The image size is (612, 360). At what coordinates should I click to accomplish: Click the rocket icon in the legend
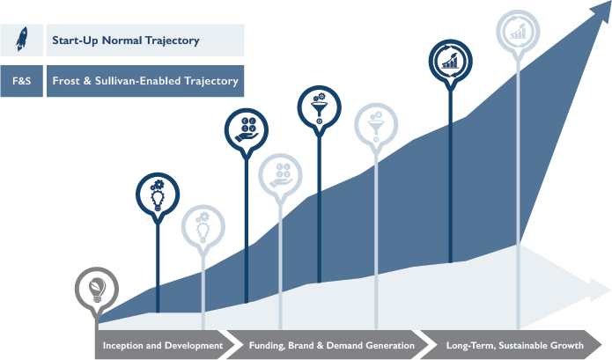pyautogui.click(x=22, y=39)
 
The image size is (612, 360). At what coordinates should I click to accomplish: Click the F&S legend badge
pyautogui.click(x=21, y=81)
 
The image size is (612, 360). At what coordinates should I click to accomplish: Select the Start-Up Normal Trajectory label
pyautogui.click(x=126, y=40)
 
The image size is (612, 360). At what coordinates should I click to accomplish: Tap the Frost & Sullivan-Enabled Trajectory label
pyautogui.click(x=145, y=81)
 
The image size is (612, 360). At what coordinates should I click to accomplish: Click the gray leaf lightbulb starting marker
pyautogui.click(x=97, y=289)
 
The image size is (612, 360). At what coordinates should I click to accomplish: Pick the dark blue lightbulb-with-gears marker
pyautogui.click(x=158, y=195)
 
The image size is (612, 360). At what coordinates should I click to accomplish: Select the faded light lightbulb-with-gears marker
pyautogui.click(x=203, y=227)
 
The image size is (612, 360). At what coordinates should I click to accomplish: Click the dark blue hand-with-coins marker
pyautogui.click(x=247, y=130)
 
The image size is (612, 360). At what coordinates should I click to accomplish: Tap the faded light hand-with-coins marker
pyautogui.click(x=280, y=175)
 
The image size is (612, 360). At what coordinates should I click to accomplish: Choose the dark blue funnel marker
pyautogui.click(x=320, y=107)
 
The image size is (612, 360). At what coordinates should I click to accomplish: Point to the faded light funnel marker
pyautogui.click(x=376, y=125)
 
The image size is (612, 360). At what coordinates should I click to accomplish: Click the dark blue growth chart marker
pyautogui.click(x=450, y=62)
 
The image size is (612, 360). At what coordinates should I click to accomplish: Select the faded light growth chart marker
pyautogui.click(x=518, y=32)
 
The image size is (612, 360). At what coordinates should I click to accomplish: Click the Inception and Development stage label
pyautogui.click(x=163, y=345)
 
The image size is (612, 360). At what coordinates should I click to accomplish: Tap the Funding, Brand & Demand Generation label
pyautogui.click(x=332, y=345)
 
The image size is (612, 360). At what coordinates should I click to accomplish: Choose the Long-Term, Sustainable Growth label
pyautogui.click(x=515, y=345)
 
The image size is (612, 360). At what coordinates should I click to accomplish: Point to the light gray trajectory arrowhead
pyautogui.click(x=599, y=290)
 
